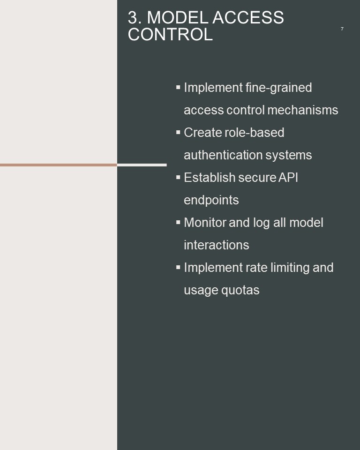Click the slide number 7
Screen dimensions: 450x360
coord(342,29)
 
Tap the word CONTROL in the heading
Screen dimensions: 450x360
coord(170,35)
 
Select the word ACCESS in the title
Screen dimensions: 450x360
coord(248,18)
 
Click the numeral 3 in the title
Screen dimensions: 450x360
coord(133,18)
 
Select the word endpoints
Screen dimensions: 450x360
coord(211,200)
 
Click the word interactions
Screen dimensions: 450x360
coord(216,245)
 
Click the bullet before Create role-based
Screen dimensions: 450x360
coord(178,132)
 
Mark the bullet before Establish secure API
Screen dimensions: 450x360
coord(178,177)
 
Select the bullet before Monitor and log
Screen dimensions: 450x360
coord(178,222)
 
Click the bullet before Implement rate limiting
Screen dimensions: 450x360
coord(178,267)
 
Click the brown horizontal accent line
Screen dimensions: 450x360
coord(58,165)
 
